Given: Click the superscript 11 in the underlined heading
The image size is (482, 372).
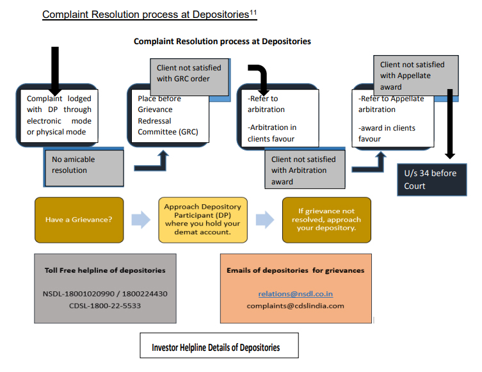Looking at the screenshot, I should click(x=253, y=11).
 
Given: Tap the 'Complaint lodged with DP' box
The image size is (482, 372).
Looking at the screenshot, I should click(x=59, y=115).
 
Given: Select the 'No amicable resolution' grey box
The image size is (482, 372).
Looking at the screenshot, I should click(x=87, y=165).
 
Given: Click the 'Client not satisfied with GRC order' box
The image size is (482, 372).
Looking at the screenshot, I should click(x=189, y=74).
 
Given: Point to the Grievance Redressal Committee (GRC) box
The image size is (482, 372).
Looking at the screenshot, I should click(x=169, y=115).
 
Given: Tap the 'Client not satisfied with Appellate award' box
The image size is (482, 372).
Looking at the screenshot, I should click(x=415, y=75).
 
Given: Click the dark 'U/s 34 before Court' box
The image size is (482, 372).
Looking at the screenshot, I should click(x=431, y=180).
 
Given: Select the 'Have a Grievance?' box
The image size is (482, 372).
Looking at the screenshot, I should click(x=79, y=220).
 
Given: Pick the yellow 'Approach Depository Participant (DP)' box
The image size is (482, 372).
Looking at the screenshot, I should click(x=202, y=220).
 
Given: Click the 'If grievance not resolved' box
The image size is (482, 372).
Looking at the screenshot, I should click(x=326, y=220).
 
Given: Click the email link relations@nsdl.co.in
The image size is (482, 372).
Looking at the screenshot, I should click(x=295, y=294).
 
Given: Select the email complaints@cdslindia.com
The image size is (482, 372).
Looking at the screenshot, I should click(x=295, y=305).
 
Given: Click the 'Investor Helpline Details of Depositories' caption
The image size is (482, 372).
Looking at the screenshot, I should click(x=216, y=348).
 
